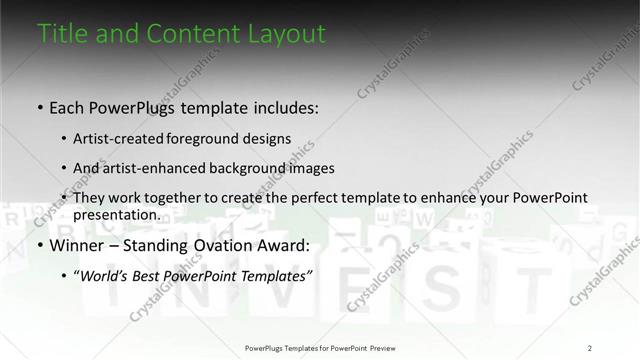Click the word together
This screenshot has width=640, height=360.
point(183,198)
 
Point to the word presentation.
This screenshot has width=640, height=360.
point(116,214)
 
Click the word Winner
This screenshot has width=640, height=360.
point(77,244)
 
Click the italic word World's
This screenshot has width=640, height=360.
point(104,274)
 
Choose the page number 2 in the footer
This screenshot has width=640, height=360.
point(589,348)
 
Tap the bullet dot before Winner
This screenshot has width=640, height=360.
point(40,244)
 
